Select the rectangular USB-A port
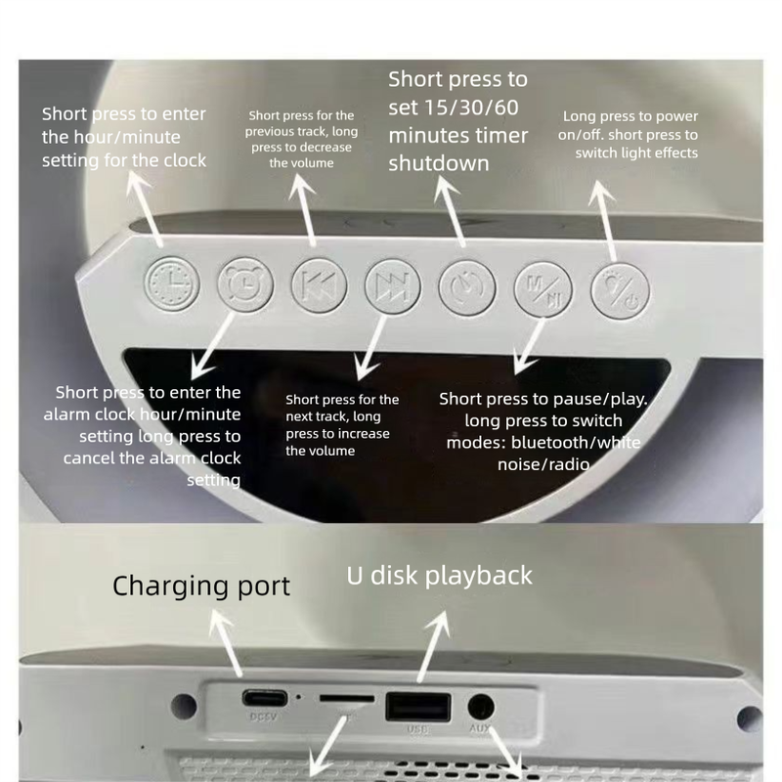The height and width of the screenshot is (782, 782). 418,706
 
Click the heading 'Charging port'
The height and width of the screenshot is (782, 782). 201,586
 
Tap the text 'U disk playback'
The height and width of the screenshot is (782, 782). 440,575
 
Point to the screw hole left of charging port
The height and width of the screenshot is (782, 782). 179,703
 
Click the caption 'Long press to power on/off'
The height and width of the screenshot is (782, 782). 630,125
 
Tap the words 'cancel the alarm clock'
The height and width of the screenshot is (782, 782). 153,457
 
